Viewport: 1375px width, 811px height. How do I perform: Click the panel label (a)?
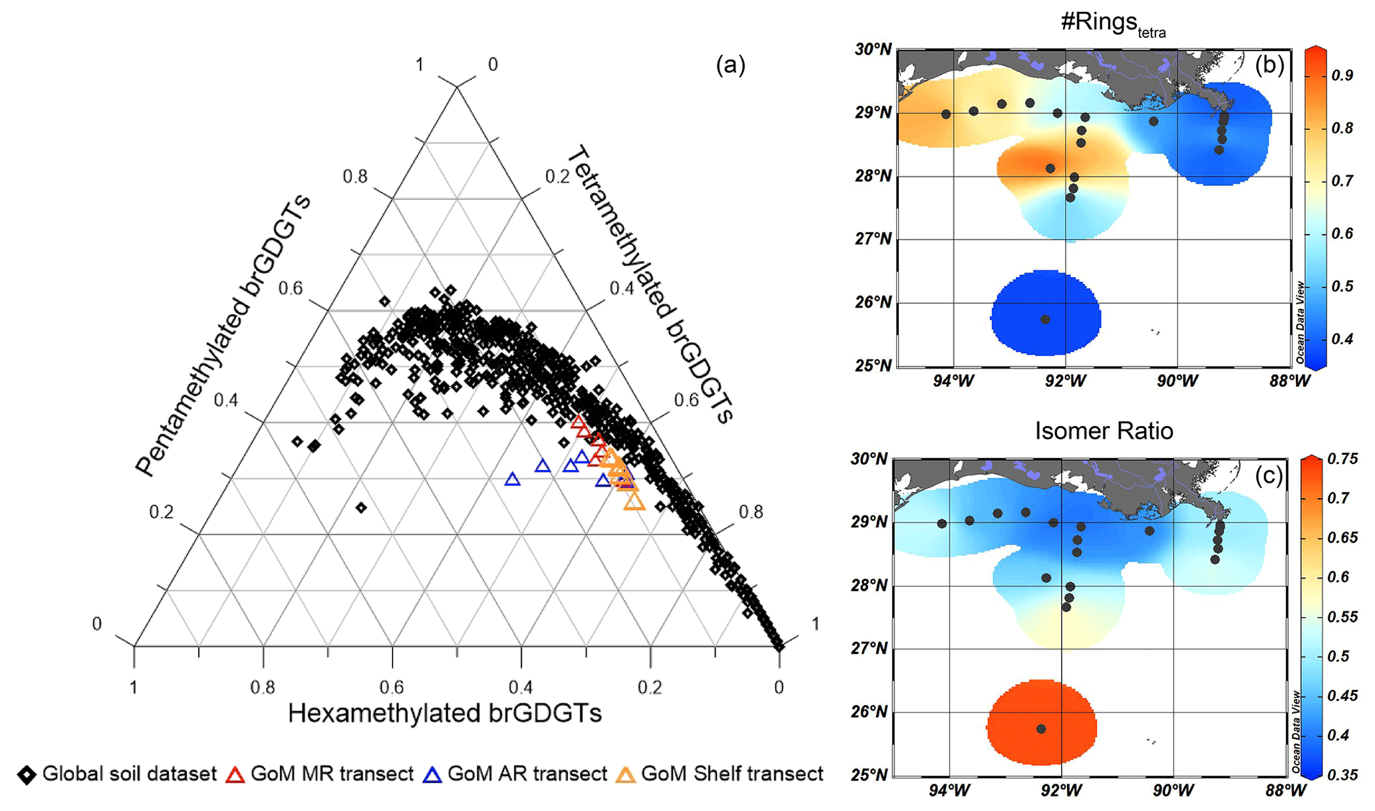(730, 65)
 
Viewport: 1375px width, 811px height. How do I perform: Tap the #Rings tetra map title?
(1112, 23)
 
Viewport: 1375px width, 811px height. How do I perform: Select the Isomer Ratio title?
(1104, 431)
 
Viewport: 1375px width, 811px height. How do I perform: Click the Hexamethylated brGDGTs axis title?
(444, 713)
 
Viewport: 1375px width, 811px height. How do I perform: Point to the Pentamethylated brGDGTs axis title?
(224, 336)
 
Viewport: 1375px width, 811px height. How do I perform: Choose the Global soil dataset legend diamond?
(27, 775)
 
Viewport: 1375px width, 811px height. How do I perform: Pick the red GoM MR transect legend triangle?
(235, 775)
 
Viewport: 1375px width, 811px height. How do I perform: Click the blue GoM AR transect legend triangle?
(432, 775)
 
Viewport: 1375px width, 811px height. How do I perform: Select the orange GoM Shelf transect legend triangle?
(626, 775)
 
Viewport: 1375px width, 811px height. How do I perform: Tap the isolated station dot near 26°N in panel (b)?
(1045, 320)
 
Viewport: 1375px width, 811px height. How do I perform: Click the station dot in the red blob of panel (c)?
(1041, 729)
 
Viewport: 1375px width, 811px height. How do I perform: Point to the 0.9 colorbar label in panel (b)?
(1342, 75)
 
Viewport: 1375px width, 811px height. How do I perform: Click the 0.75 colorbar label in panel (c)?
(1342, 459)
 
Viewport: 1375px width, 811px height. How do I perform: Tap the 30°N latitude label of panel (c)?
(869, 459)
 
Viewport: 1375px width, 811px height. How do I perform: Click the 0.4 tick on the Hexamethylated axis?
(521, 687)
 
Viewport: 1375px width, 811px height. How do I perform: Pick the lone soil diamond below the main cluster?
(361, 508)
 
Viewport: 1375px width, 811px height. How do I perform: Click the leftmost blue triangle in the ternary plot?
(512, 479)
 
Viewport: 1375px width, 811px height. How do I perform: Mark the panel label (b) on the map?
(1269, 65)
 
